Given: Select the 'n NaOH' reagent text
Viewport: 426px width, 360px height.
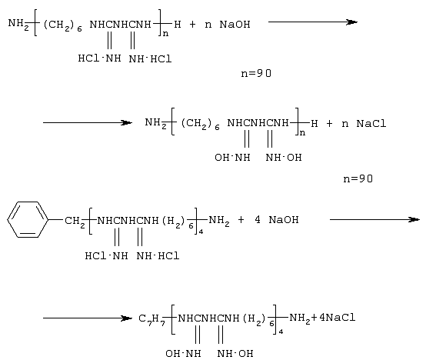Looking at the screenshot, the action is point(228,25).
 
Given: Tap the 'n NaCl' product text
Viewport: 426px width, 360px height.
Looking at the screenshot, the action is point(364,124).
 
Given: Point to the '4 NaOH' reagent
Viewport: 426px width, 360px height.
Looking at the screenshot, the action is point(277,219).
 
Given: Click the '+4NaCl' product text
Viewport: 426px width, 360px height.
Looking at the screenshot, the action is point(334,318).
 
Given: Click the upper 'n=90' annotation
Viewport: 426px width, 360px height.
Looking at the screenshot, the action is point(256,73).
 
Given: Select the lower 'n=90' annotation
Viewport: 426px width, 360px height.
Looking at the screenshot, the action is point(358,178).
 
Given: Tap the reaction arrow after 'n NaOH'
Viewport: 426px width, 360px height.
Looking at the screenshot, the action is point(313,22).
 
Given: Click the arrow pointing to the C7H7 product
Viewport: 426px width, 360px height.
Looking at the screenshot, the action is point(88,318).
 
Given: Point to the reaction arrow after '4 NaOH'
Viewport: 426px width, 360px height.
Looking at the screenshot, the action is point(374,219).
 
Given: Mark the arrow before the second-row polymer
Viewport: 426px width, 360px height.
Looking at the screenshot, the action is point(88,123).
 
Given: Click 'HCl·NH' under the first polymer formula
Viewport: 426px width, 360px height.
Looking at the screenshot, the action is point(99,58).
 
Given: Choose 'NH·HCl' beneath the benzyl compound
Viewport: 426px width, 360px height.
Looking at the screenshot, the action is point(158,256).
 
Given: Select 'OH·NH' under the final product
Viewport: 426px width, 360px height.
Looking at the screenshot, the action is point(183,354).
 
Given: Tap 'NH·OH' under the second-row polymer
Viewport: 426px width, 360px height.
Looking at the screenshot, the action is point(284,158).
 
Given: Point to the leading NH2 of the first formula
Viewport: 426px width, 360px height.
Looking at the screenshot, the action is point(18,24).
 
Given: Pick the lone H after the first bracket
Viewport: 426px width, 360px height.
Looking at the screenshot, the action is point(178,25).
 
